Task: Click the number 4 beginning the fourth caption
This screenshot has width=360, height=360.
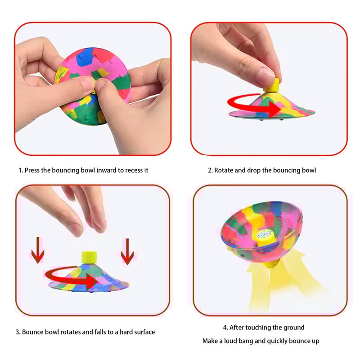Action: click(x=225, y=328)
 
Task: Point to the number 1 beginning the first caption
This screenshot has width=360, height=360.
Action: click(x=20, y=171)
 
